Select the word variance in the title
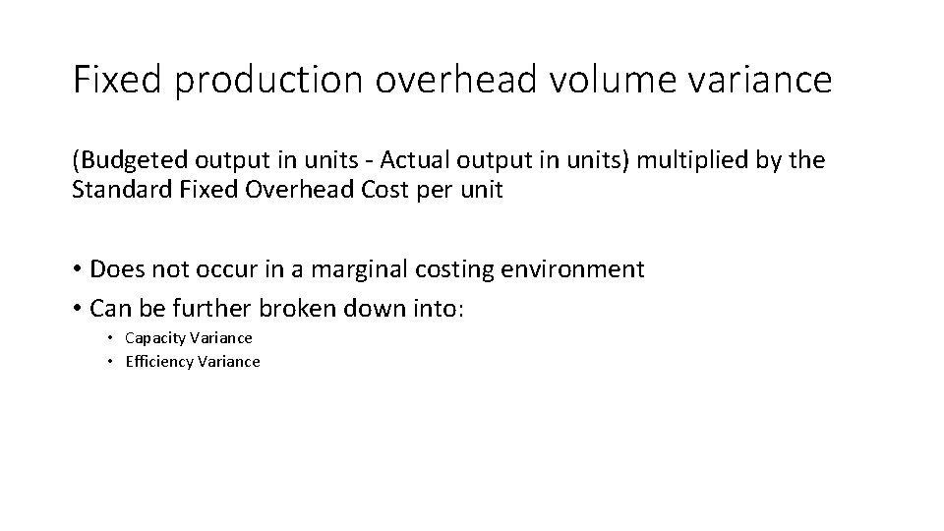tap(765, 80)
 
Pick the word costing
tap(460, 269)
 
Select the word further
tap(215, 309)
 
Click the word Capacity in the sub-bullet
tap(154, 338)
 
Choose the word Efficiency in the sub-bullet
tap(157, 362)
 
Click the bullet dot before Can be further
tap(77, 310)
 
